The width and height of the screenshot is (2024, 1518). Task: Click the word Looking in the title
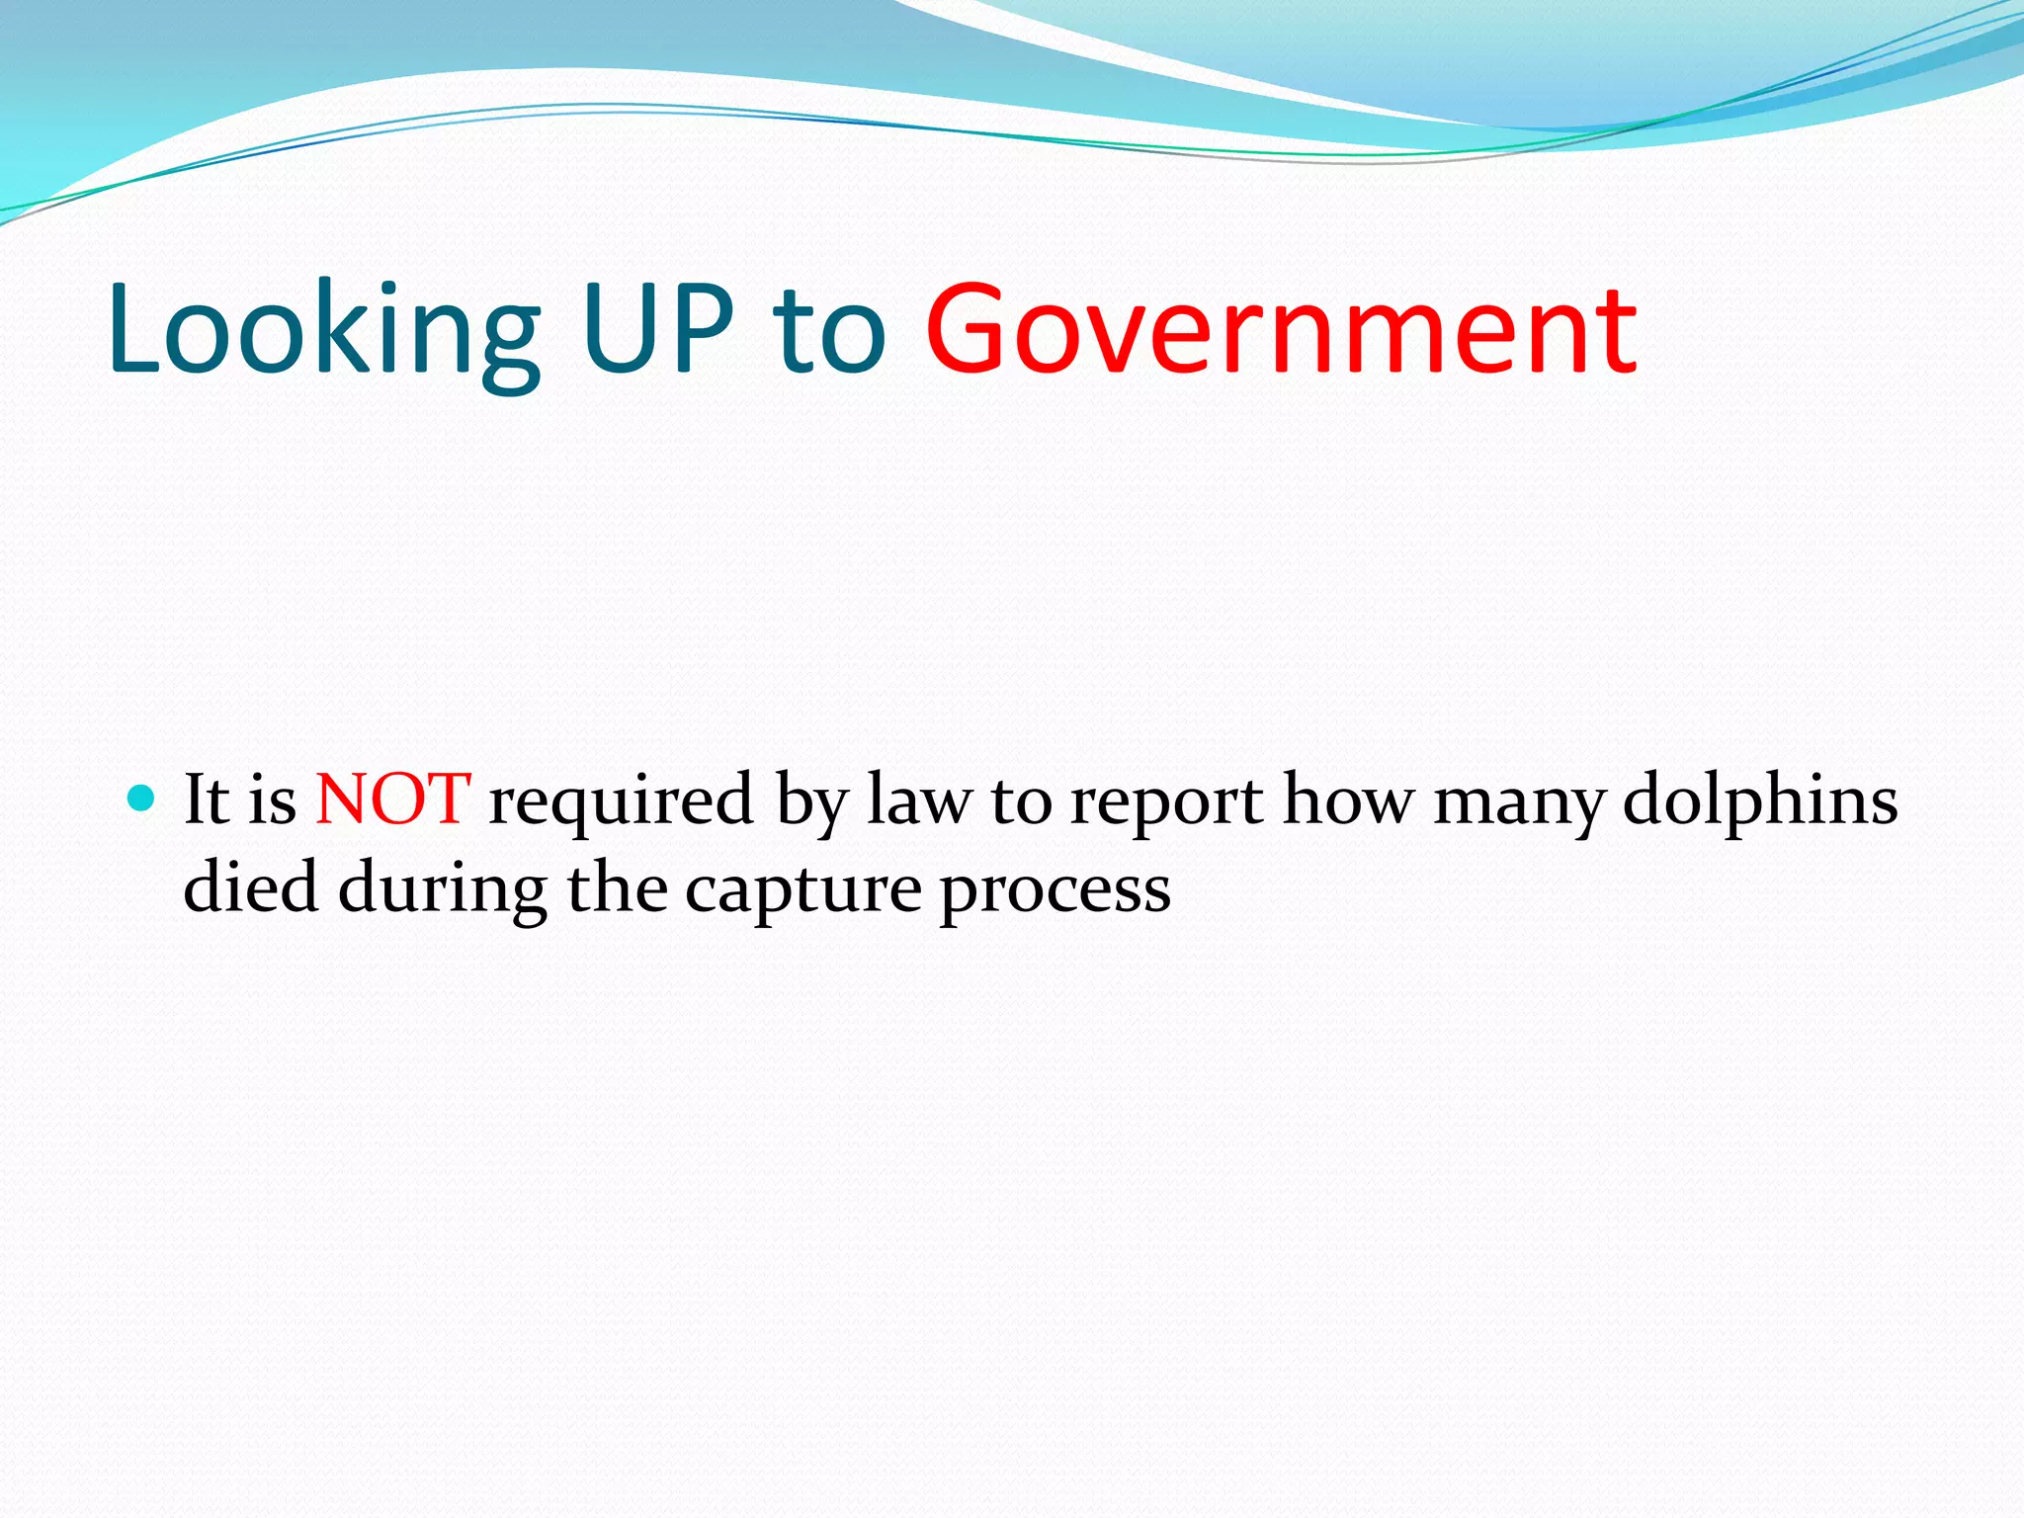pos(324,331)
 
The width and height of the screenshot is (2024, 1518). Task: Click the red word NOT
pos(392,799)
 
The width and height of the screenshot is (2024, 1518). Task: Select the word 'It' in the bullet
pos(207,799)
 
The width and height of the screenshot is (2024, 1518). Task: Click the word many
pos(1519,802)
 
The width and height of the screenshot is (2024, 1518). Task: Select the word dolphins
pos(1760,799)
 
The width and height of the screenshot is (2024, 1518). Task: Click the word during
pos(443,889)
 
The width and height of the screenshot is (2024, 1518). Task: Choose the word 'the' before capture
pos(617,886)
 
